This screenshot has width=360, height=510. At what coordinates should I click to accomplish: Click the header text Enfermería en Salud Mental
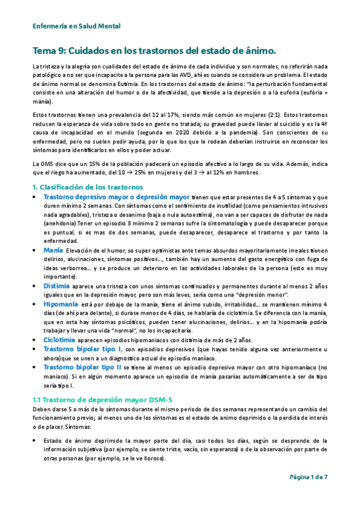(76, 26)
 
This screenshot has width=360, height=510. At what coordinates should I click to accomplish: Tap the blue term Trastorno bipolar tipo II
(83, 367)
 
